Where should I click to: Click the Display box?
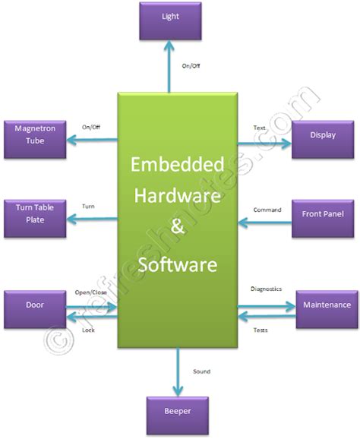coord(323,137)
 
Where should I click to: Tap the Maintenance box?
coord(327,305)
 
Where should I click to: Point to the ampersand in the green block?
coord(177,231)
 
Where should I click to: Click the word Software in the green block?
coord(177,264)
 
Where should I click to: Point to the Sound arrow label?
coord(201,371)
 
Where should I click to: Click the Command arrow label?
coord(267,210)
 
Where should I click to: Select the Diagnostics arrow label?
coord(267,289)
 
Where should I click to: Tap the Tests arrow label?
coord(260,329)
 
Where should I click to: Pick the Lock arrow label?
coord(88,330)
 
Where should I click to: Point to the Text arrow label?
coord(258,127)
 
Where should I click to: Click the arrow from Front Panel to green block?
coord(266,223)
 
